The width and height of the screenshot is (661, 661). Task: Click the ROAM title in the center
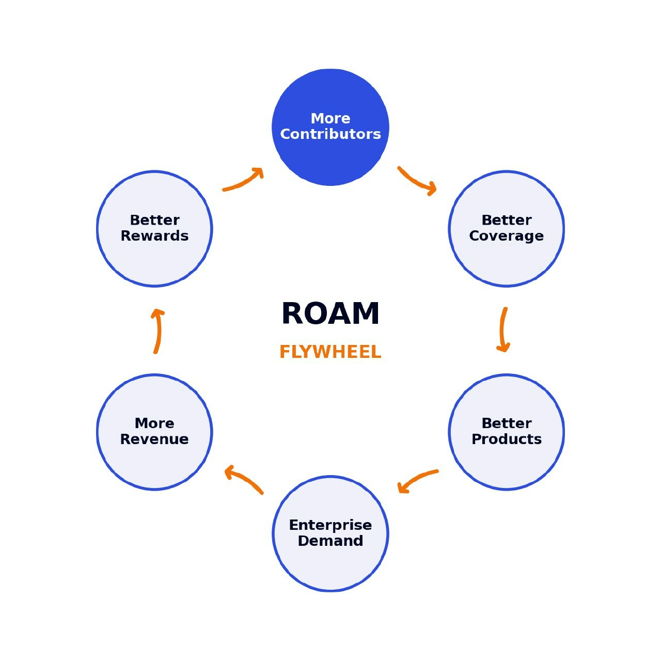click(x=330, y=314)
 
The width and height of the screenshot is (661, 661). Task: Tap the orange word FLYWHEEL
click(x=330, y=352)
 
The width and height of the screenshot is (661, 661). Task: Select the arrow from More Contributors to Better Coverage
click(x=416, y=181)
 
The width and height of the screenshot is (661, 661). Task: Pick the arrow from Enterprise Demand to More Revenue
click(x=244, y=480)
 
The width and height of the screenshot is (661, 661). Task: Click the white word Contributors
click(x=330, y=134)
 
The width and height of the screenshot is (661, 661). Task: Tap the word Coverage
click(x=506, y=236)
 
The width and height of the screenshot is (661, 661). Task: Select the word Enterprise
click(x=330, y=525)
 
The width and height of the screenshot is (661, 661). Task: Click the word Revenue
click(x=154, y=439)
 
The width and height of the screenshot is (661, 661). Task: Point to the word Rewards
click(x=154, y=236)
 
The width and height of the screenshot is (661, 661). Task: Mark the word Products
click(x=506, y=439)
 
